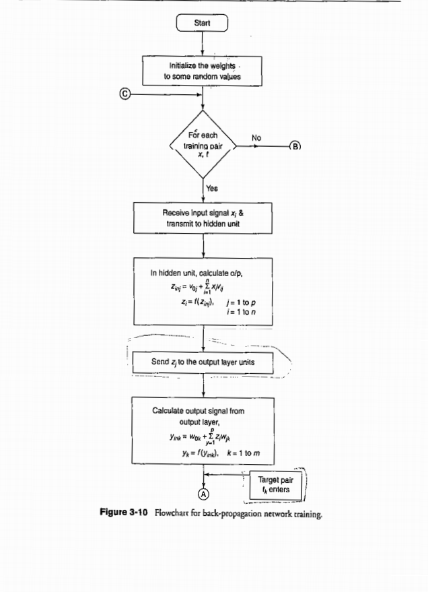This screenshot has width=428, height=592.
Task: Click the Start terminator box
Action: pos(203,24)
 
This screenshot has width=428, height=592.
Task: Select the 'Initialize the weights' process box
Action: pos(203,71)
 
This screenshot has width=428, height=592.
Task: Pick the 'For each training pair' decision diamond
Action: pos(203,145)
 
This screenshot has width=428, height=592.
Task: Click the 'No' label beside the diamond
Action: pos(256,137)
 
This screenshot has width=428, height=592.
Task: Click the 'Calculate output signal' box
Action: pos(203,432)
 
